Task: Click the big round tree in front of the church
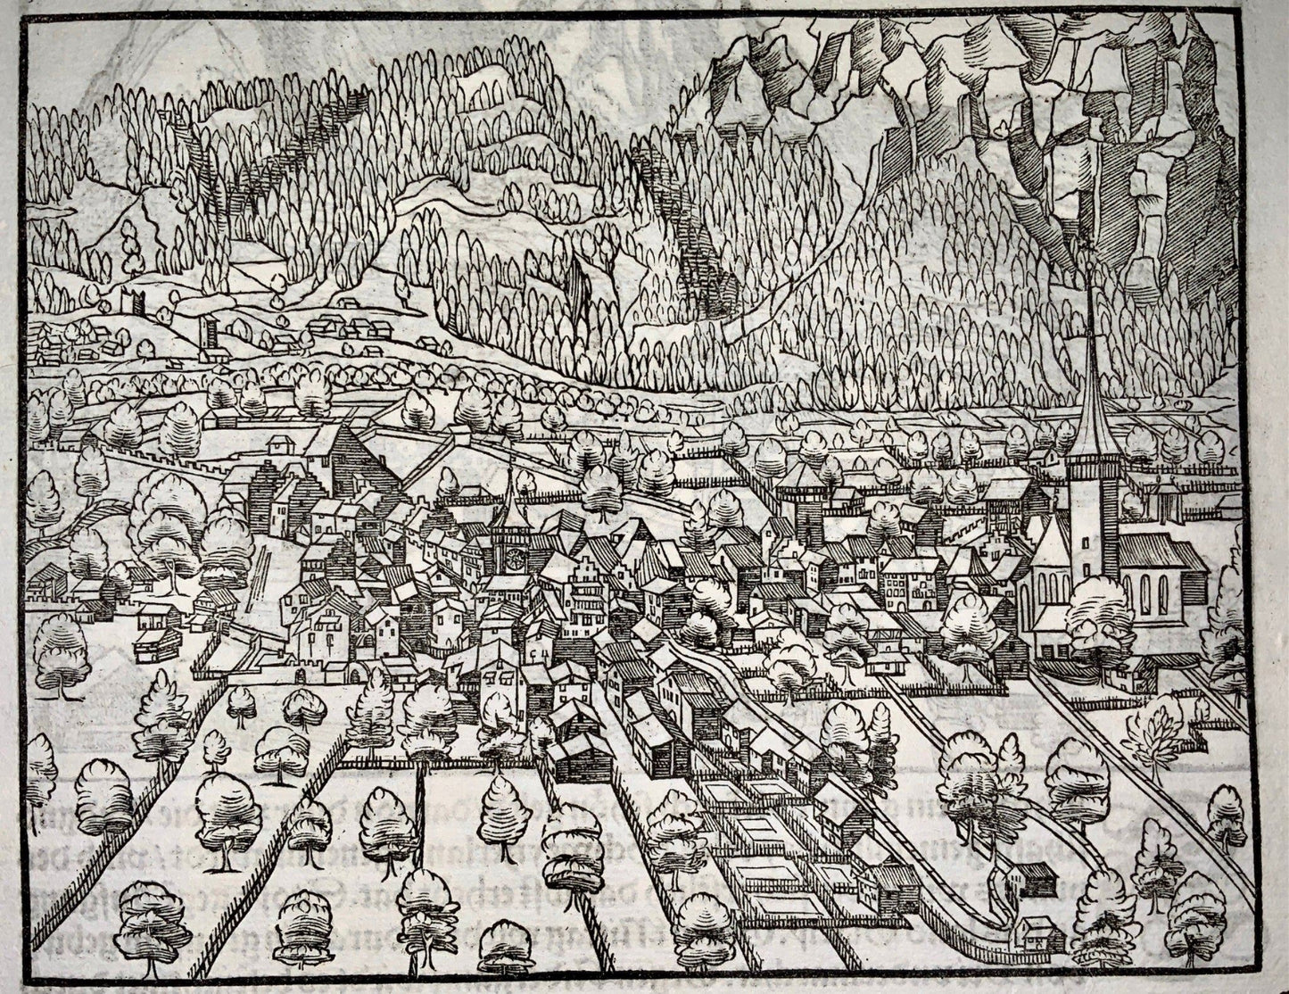click(x=1102, y=606)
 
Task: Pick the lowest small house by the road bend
click(x=1040, y=933)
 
